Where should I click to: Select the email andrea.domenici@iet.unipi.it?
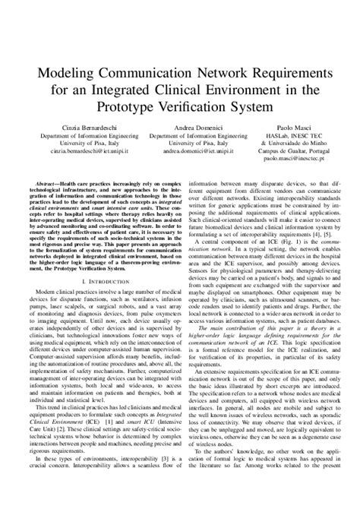click(181, 151)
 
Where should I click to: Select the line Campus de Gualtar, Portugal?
click(292, 152)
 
